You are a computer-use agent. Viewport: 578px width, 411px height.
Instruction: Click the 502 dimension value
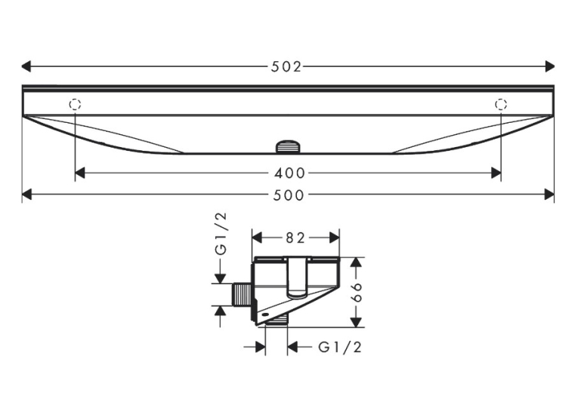(x=286, y=66)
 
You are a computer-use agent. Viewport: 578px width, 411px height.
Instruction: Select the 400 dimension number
(x=289, y=173)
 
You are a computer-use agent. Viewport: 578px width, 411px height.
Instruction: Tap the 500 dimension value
(x=289, y=195)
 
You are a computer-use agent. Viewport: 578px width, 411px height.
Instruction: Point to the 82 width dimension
(x=295, y=238)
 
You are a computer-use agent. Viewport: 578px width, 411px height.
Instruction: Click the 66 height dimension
(x=357, y=293)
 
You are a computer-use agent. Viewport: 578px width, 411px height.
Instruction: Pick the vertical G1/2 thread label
(x=221, y=234)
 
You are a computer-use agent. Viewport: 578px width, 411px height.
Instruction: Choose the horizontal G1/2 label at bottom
(x=340, y=347)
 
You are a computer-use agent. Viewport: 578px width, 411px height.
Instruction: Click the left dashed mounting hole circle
(x=75, y=105)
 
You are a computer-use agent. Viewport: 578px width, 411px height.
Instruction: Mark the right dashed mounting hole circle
(x=501, y=105)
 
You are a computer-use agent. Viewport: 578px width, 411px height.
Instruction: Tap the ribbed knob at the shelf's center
(x=288, y=146)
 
